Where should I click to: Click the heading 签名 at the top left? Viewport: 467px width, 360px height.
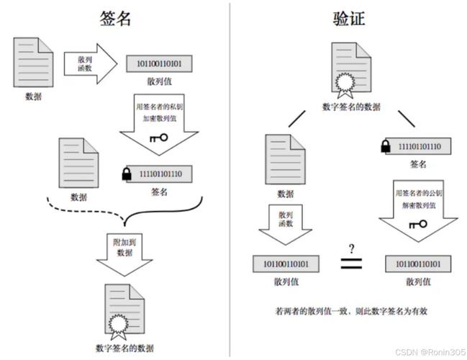[x=115, y=18]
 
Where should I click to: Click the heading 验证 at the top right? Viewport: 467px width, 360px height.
[x=348, y=18]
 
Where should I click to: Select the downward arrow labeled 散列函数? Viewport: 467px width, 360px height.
[x=284, y=224]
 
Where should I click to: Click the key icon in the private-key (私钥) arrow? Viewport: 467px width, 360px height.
[x=158, y=137]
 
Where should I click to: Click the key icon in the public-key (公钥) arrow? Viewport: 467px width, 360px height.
[x=417, y=224]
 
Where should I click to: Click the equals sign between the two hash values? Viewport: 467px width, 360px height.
[x=352, y=264]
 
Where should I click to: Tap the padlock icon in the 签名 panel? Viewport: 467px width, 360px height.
[x=127, y=174]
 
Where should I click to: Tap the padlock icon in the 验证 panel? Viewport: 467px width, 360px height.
[x=385, y=147]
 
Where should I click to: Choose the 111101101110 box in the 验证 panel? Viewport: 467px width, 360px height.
[x=415, y=148]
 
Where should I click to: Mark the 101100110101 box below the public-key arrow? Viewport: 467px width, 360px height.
[x=419, y=264]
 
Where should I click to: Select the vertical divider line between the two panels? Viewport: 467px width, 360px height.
[x=230, y=180]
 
